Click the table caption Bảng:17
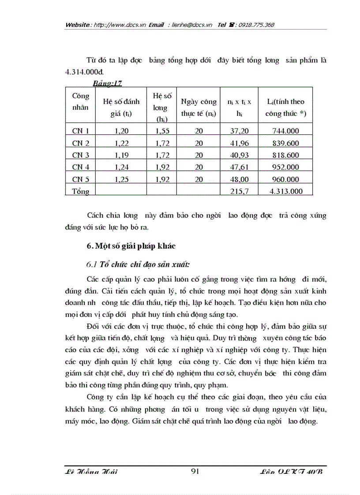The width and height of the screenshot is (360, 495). coord(108,83)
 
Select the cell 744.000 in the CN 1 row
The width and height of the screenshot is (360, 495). coord(285,131)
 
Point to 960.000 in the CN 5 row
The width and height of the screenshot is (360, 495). coord(285,179)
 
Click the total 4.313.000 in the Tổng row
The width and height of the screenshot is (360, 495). coord(285,191)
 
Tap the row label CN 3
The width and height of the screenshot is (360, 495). coord(81,155)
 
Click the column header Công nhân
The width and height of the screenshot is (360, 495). coord(80,101)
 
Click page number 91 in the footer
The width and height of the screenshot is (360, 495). coord(195,472)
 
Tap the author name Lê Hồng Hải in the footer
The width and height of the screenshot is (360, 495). coord(91,472)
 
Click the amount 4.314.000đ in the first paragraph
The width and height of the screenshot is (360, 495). coord(84,71)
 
